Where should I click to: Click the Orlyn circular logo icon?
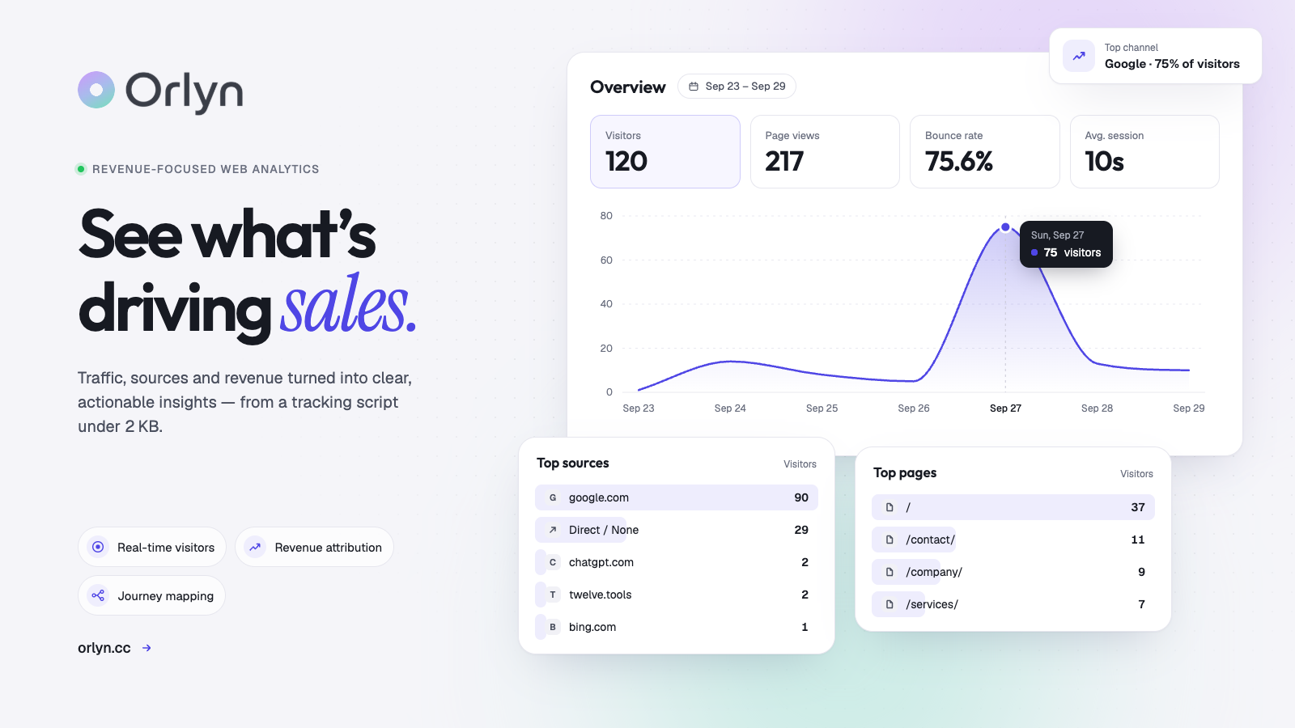pyautogui.click(x=96, y=90)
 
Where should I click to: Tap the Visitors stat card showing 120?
pyautogui.click(x=664, y=151)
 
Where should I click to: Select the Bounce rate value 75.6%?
pyautogui.click(x=958, y=161)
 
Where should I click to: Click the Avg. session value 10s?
pyautogui.click(x=1104, y=161)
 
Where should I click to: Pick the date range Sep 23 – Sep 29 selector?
pyautogui.click(x=737, y=86)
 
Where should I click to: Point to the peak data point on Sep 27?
pyautogui.click(x=1005, y=227)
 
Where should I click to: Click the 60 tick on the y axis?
pyautogui.click(x=606, y=260)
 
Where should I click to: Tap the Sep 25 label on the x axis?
pyautogui.click(x=822, y=408)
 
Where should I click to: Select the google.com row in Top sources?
pyautogui.click(x=677, y=497)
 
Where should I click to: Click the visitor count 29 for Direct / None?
pyautogui.click(x=800, y=530)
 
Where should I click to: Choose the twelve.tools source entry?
pyautogui.click(x=600, y=595)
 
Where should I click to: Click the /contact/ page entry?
pyautogui.click(x=930, y=540)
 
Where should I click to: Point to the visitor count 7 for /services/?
pyautogui.click(x=1141, y=604)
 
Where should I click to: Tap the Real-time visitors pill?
pyautogui.click(x=152, y=547)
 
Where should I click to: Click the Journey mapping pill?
pyautogui.click(x=151, y=595)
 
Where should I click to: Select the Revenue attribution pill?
pyautogui.click(x=315, y=547)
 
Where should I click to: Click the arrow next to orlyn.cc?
pyautogui.click(x=146, y=648)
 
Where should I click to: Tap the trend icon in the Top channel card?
pyautogui.click(x=1079, y=56)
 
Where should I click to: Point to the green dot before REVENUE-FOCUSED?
pyautogui.click(x=81, y=169)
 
